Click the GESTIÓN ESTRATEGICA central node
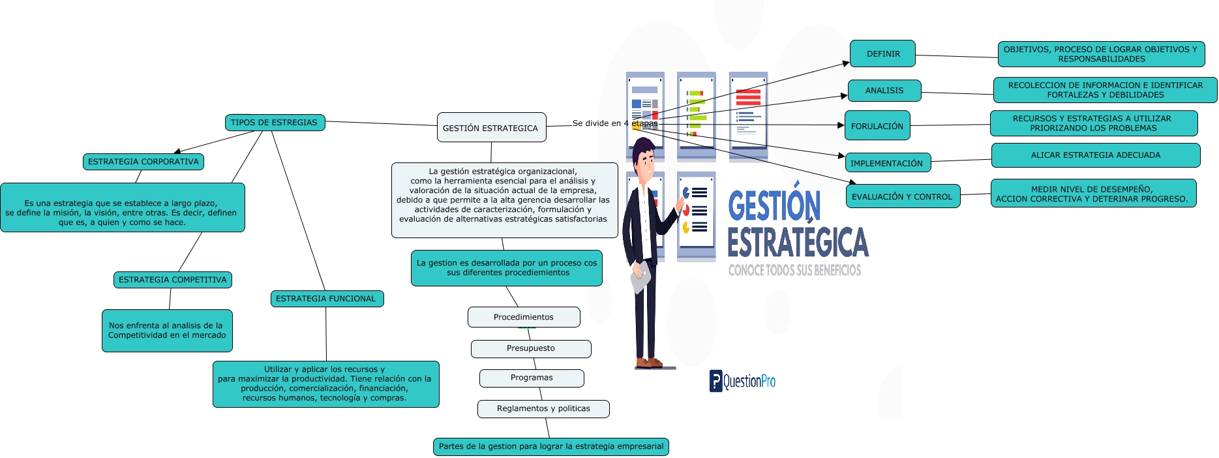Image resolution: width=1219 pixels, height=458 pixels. tap(491, 128)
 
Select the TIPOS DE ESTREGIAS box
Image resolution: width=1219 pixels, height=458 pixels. tap(274, 123)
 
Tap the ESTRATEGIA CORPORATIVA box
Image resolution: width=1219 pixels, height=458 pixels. tap(143, 162)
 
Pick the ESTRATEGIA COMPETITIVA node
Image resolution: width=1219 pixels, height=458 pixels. tap(172, 280)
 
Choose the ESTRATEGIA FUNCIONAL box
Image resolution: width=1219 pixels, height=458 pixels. tap(326, 299)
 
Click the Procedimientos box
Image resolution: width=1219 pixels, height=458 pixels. tap(523, 317)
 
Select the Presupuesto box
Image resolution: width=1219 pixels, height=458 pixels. tap(530, 348)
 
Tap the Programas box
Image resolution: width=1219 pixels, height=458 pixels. tap(531, 378)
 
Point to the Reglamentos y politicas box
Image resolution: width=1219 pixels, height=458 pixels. tap(543, 408)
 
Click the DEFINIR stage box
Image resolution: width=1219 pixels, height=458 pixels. tap(882, 54)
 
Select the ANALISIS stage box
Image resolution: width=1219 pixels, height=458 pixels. tap(884, 91)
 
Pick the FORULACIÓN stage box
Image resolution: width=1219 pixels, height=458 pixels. tap(877, 126)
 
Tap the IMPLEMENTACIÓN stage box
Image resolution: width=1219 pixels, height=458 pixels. tap(887, 163)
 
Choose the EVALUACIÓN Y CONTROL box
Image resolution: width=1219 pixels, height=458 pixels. tap(902, 196)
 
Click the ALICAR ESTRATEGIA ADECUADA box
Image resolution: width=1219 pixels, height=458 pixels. tap(1095, 155)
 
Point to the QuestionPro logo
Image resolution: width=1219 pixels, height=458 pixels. tap(742, 381)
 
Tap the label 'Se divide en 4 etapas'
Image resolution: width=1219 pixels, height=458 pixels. tap(614, 123)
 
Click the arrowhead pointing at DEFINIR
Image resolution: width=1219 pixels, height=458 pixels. tap(846, 63)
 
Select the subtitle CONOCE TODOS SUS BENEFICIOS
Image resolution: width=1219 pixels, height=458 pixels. tap(794, 270)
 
